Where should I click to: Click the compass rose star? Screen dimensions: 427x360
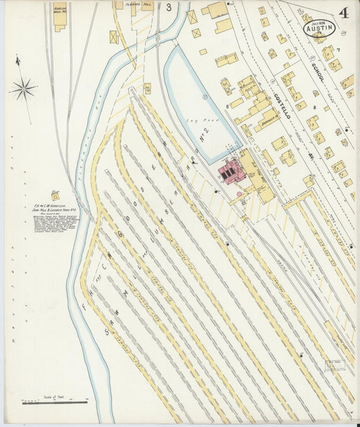click(x=23, y=89)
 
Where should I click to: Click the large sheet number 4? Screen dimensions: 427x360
click(x=344, y=13)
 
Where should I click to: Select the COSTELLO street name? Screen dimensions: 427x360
click(x=281, y=108)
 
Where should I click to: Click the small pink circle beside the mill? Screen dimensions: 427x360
click(x=239, y=195)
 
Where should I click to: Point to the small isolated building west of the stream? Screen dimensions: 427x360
click(x=55, y=195)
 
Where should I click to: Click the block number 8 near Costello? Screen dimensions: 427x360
click(x=315, y=107)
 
